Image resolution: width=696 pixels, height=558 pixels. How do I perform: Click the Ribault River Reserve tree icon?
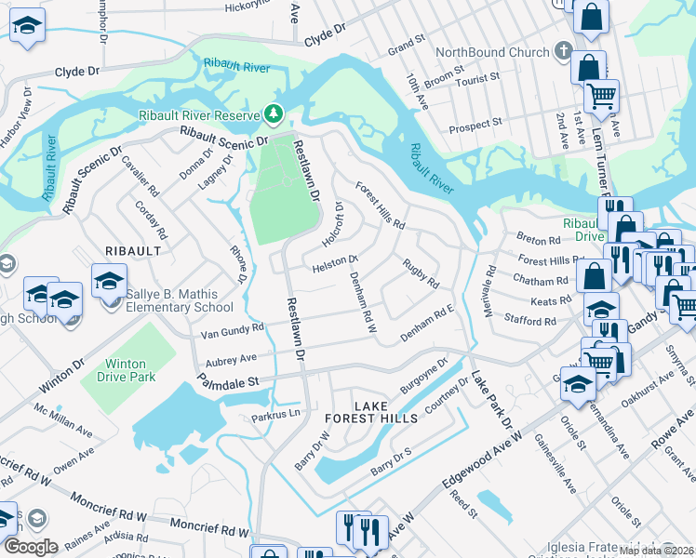[x=274, y=114]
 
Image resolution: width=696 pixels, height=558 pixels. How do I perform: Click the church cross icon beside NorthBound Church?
[x=563, y=51]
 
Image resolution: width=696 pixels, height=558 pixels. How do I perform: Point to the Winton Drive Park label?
[x=126, y=371]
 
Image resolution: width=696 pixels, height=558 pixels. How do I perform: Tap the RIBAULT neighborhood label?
[x=133, y=251]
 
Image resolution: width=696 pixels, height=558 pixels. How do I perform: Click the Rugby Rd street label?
[x=421, y=273]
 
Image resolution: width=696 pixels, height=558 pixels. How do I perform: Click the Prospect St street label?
[x=476, y=123]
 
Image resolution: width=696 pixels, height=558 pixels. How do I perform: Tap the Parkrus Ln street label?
[x=276, y=416]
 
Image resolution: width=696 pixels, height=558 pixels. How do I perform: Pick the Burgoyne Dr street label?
[x=424, y=371]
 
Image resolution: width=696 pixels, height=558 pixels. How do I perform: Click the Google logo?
[x=31, y=546]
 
